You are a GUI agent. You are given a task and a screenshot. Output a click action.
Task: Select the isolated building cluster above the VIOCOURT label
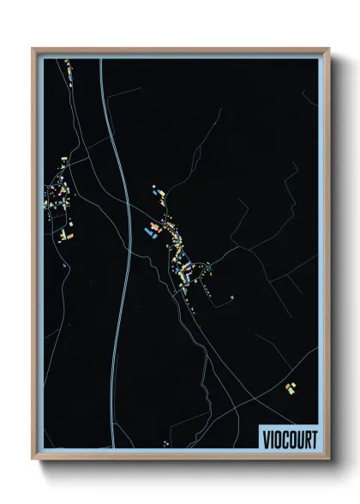pyautogui.click(x=291, y=388)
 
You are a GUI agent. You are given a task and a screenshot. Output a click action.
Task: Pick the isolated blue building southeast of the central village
pyautogui.click(x=232, y=297)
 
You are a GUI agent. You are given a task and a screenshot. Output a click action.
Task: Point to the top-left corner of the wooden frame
pyautogui.click(x=33, y=49)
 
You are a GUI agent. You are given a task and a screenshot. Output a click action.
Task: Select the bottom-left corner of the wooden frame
pyautogui.click(x=33, y=460)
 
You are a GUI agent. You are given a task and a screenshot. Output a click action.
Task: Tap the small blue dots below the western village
pyautogui.click(x=64, y=265)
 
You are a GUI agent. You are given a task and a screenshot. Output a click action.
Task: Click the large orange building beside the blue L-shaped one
pyautogui.click(x=155, y=225)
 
